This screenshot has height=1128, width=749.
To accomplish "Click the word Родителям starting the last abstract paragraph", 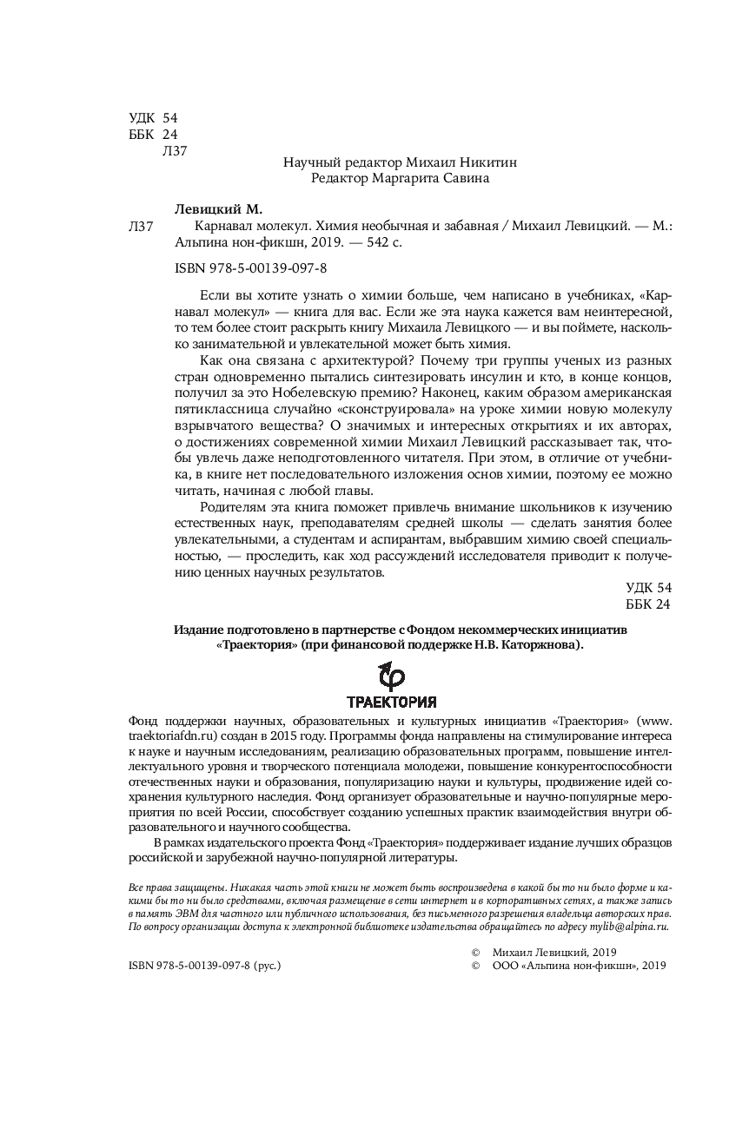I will [230, 508].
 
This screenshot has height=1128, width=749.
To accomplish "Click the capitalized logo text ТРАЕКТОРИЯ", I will [391, 703].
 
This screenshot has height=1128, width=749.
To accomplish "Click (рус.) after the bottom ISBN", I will [268, 966].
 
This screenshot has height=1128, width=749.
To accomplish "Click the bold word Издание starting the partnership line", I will [198, 629].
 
